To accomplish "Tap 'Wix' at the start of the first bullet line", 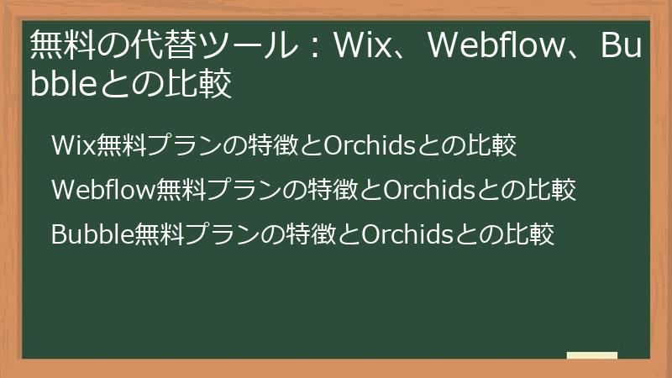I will tap(73, 145).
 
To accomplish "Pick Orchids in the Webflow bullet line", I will tap(431, 190).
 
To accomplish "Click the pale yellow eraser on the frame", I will tap(591, 355).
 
